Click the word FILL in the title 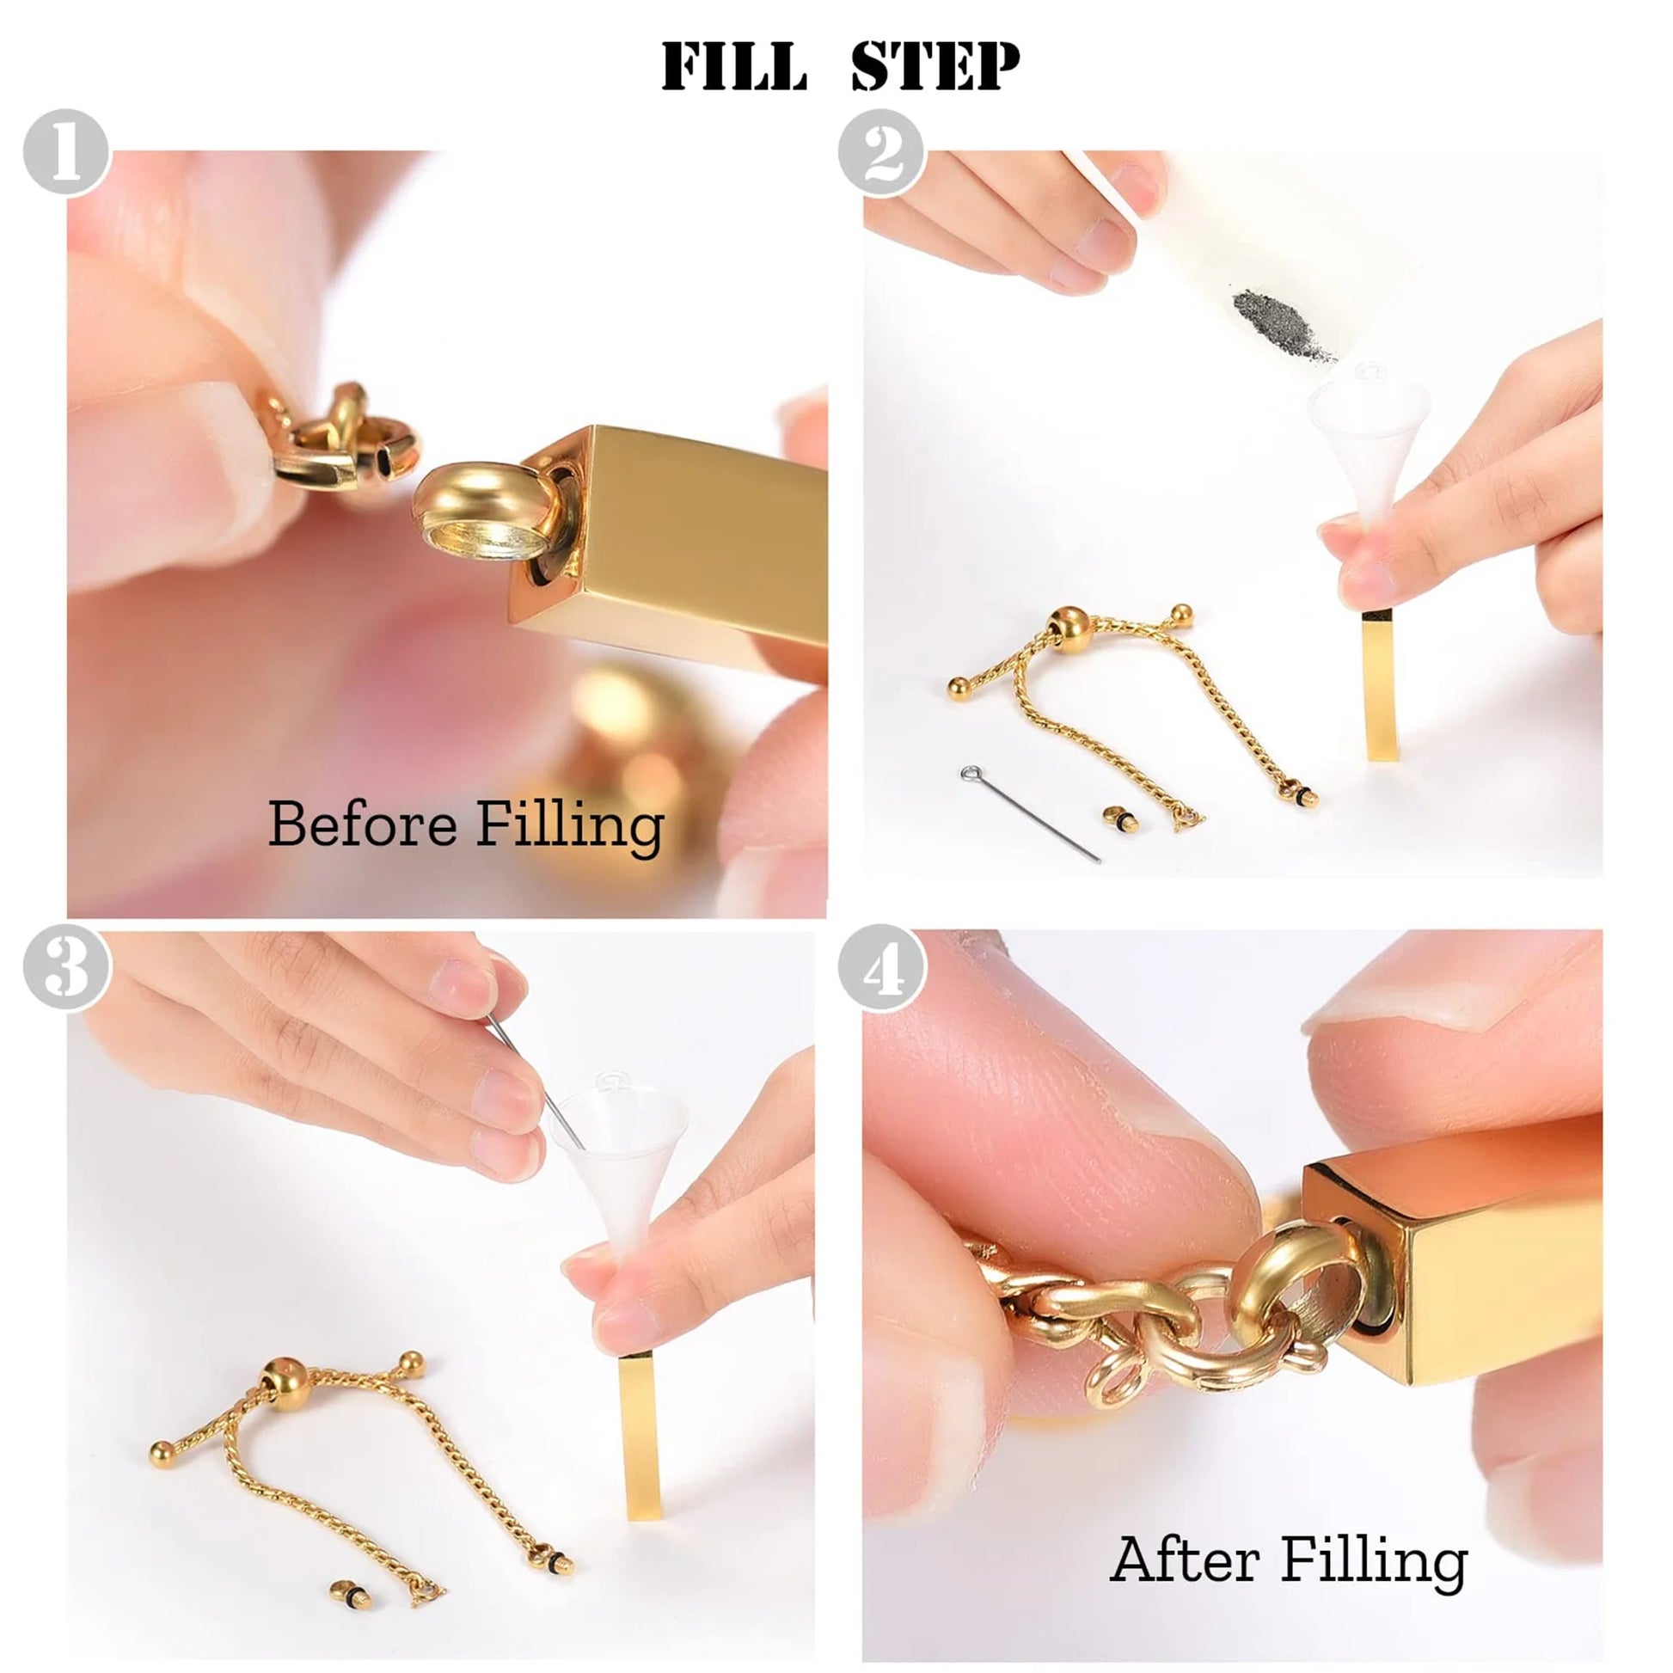coord(733,67)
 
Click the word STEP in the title coord(935,67)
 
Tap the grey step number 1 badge coord(67,152)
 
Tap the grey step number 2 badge coord(881,153)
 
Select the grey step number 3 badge coord(67,966)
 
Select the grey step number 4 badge coord(881,967)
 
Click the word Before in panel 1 coord(362,824)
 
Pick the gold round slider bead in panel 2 coord(1072,631)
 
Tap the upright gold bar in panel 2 coord(1379,684)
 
